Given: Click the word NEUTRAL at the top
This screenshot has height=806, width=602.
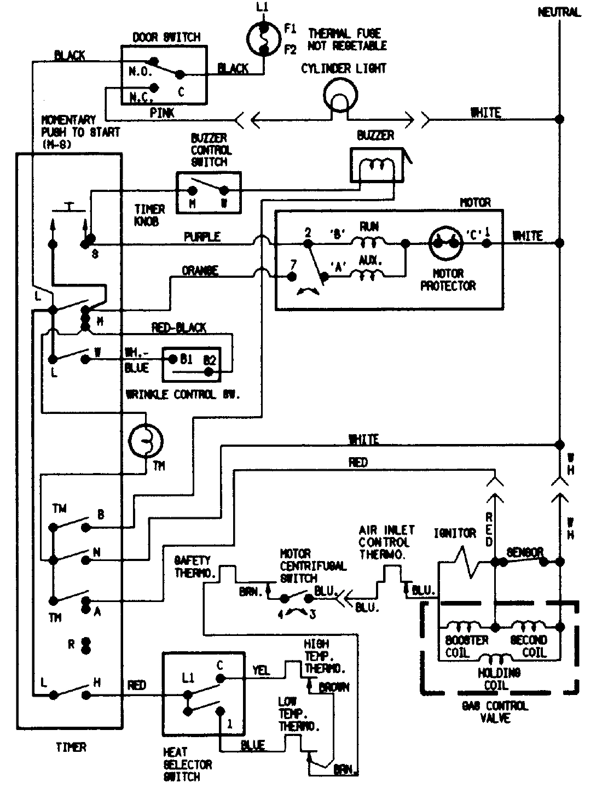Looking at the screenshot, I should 558,12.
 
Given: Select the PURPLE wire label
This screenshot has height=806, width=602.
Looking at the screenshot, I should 202,237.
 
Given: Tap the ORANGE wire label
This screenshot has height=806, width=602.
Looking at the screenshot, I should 200,271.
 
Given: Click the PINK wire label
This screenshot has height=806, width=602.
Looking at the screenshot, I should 162,113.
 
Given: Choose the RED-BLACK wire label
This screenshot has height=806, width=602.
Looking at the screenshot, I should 178,328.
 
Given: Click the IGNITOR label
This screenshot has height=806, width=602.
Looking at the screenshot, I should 454,533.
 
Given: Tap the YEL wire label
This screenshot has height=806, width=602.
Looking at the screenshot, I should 261,670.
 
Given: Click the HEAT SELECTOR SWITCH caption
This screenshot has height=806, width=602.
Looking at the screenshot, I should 187,764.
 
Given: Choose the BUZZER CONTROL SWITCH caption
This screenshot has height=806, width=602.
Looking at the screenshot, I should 211,150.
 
